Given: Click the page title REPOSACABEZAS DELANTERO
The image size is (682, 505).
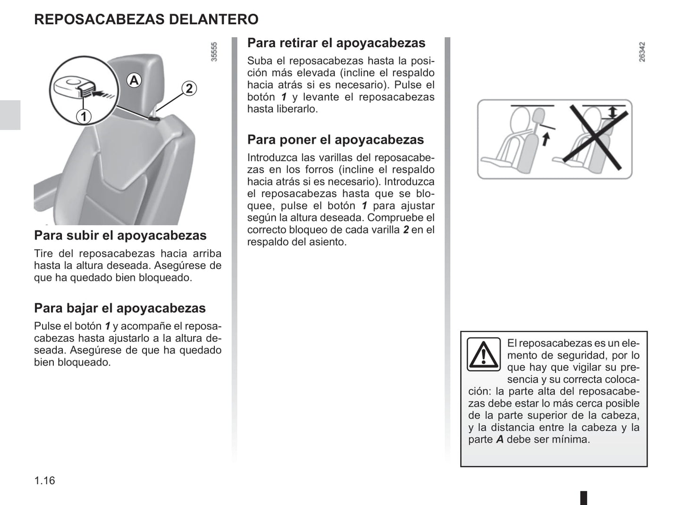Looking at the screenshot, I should click(x=146, y=19).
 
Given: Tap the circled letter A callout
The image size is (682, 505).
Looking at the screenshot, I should click(x=134, y=81).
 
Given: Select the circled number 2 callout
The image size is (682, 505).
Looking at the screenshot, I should click(x=189, y=88).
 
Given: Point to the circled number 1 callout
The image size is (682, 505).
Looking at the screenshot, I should click(x=84, y=116).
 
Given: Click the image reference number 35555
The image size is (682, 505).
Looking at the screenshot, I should click(x=214, y=52).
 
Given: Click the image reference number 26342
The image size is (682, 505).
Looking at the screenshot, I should click(x=642, y=52).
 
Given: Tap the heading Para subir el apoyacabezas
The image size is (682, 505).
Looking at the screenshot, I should click(x=120, y=236).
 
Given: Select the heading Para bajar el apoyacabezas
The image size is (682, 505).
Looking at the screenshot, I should click(x=120, y=308).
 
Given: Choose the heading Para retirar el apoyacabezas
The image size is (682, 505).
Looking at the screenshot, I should click(x=336, y=43).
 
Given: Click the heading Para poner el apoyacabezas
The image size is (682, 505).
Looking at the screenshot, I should click(x=336, y=140).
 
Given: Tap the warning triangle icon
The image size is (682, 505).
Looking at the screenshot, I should click(x=483, y=354).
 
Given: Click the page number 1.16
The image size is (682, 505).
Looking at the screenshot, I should click(x=44, y=480).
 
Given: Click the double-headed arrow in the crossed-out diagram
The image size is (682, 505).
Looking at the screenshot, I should click(x=612, y=112).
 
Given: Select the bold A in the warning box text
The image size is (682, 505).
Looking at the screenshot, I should click(x=500, y=439).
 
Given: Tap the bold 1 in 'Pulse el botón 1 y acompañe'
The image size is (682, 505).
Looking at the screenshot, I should click(x=108, y=326).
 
